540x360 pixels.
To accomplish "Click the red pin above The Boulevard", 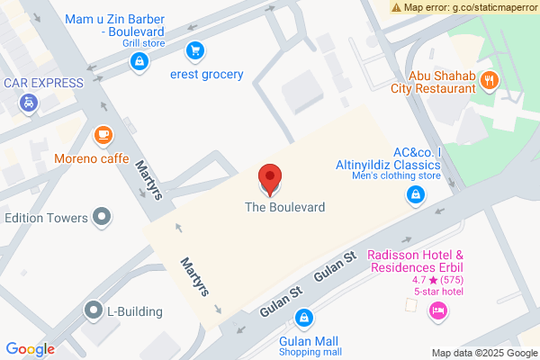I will click(x=269, y=178).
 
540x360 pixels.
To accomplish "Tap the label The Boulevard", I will click(x=284, y=207).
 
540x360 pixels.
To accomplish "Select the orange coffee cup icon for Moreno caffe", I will click(x=103, y=136).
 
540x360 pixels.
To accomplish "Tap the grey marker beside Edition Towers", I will click(x=103, y=217).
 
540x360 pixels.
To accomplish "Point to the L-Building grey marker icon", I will click(x=92, y=311).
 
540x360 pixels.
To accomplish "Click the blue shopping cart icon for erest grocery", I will click(x=193, y=50).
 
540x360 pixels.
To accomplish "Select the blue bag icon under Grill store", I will click(x=138, y=61).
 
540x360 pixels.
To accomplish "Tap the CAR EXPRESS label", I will click(x=42, y=83).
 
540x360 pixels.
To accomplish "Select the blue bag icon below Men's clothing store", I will click(x=415, y=194).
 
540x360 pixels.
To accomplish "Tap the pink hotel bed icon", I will click(x=438, y=310).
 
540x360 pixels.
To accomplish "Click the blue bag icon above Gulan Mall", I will click(x=305, y=318).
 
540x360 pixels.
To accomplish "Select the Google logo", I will click(x=31, y=349).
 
